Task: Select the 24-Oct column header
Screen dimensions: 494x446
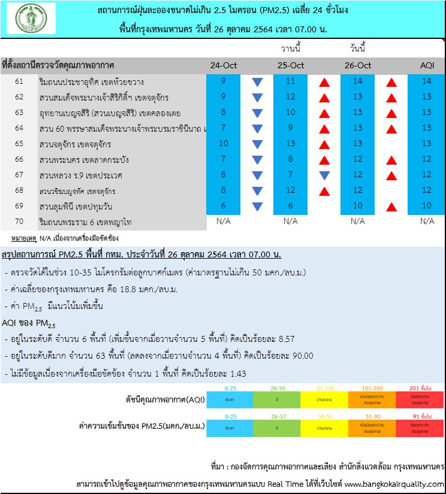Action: coord(223,65)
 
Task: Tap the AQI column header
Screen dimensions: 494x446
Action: coord(426,65)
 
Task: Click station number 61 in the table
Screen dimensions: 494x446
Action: coord(19,81)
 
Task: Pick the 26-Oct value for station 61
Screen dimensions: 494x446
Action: coord(358,81)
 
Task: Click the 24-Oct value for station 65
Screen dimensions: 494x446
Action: coord(223,144)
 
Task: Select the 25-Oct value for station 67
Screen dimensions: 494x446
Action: coord(290,175)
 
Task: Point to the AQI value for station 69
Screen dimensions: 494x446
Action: coord(426,206)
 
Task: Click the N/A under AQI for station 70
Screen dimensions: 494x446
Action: coord(426,222)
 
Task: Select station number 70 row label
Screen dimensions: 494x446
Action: coord(19,222)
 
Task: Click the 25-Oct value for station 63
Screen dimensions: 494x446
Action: coord(290,113)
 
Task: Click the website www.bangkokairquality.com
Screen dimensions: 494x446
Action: coord(394,483)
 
